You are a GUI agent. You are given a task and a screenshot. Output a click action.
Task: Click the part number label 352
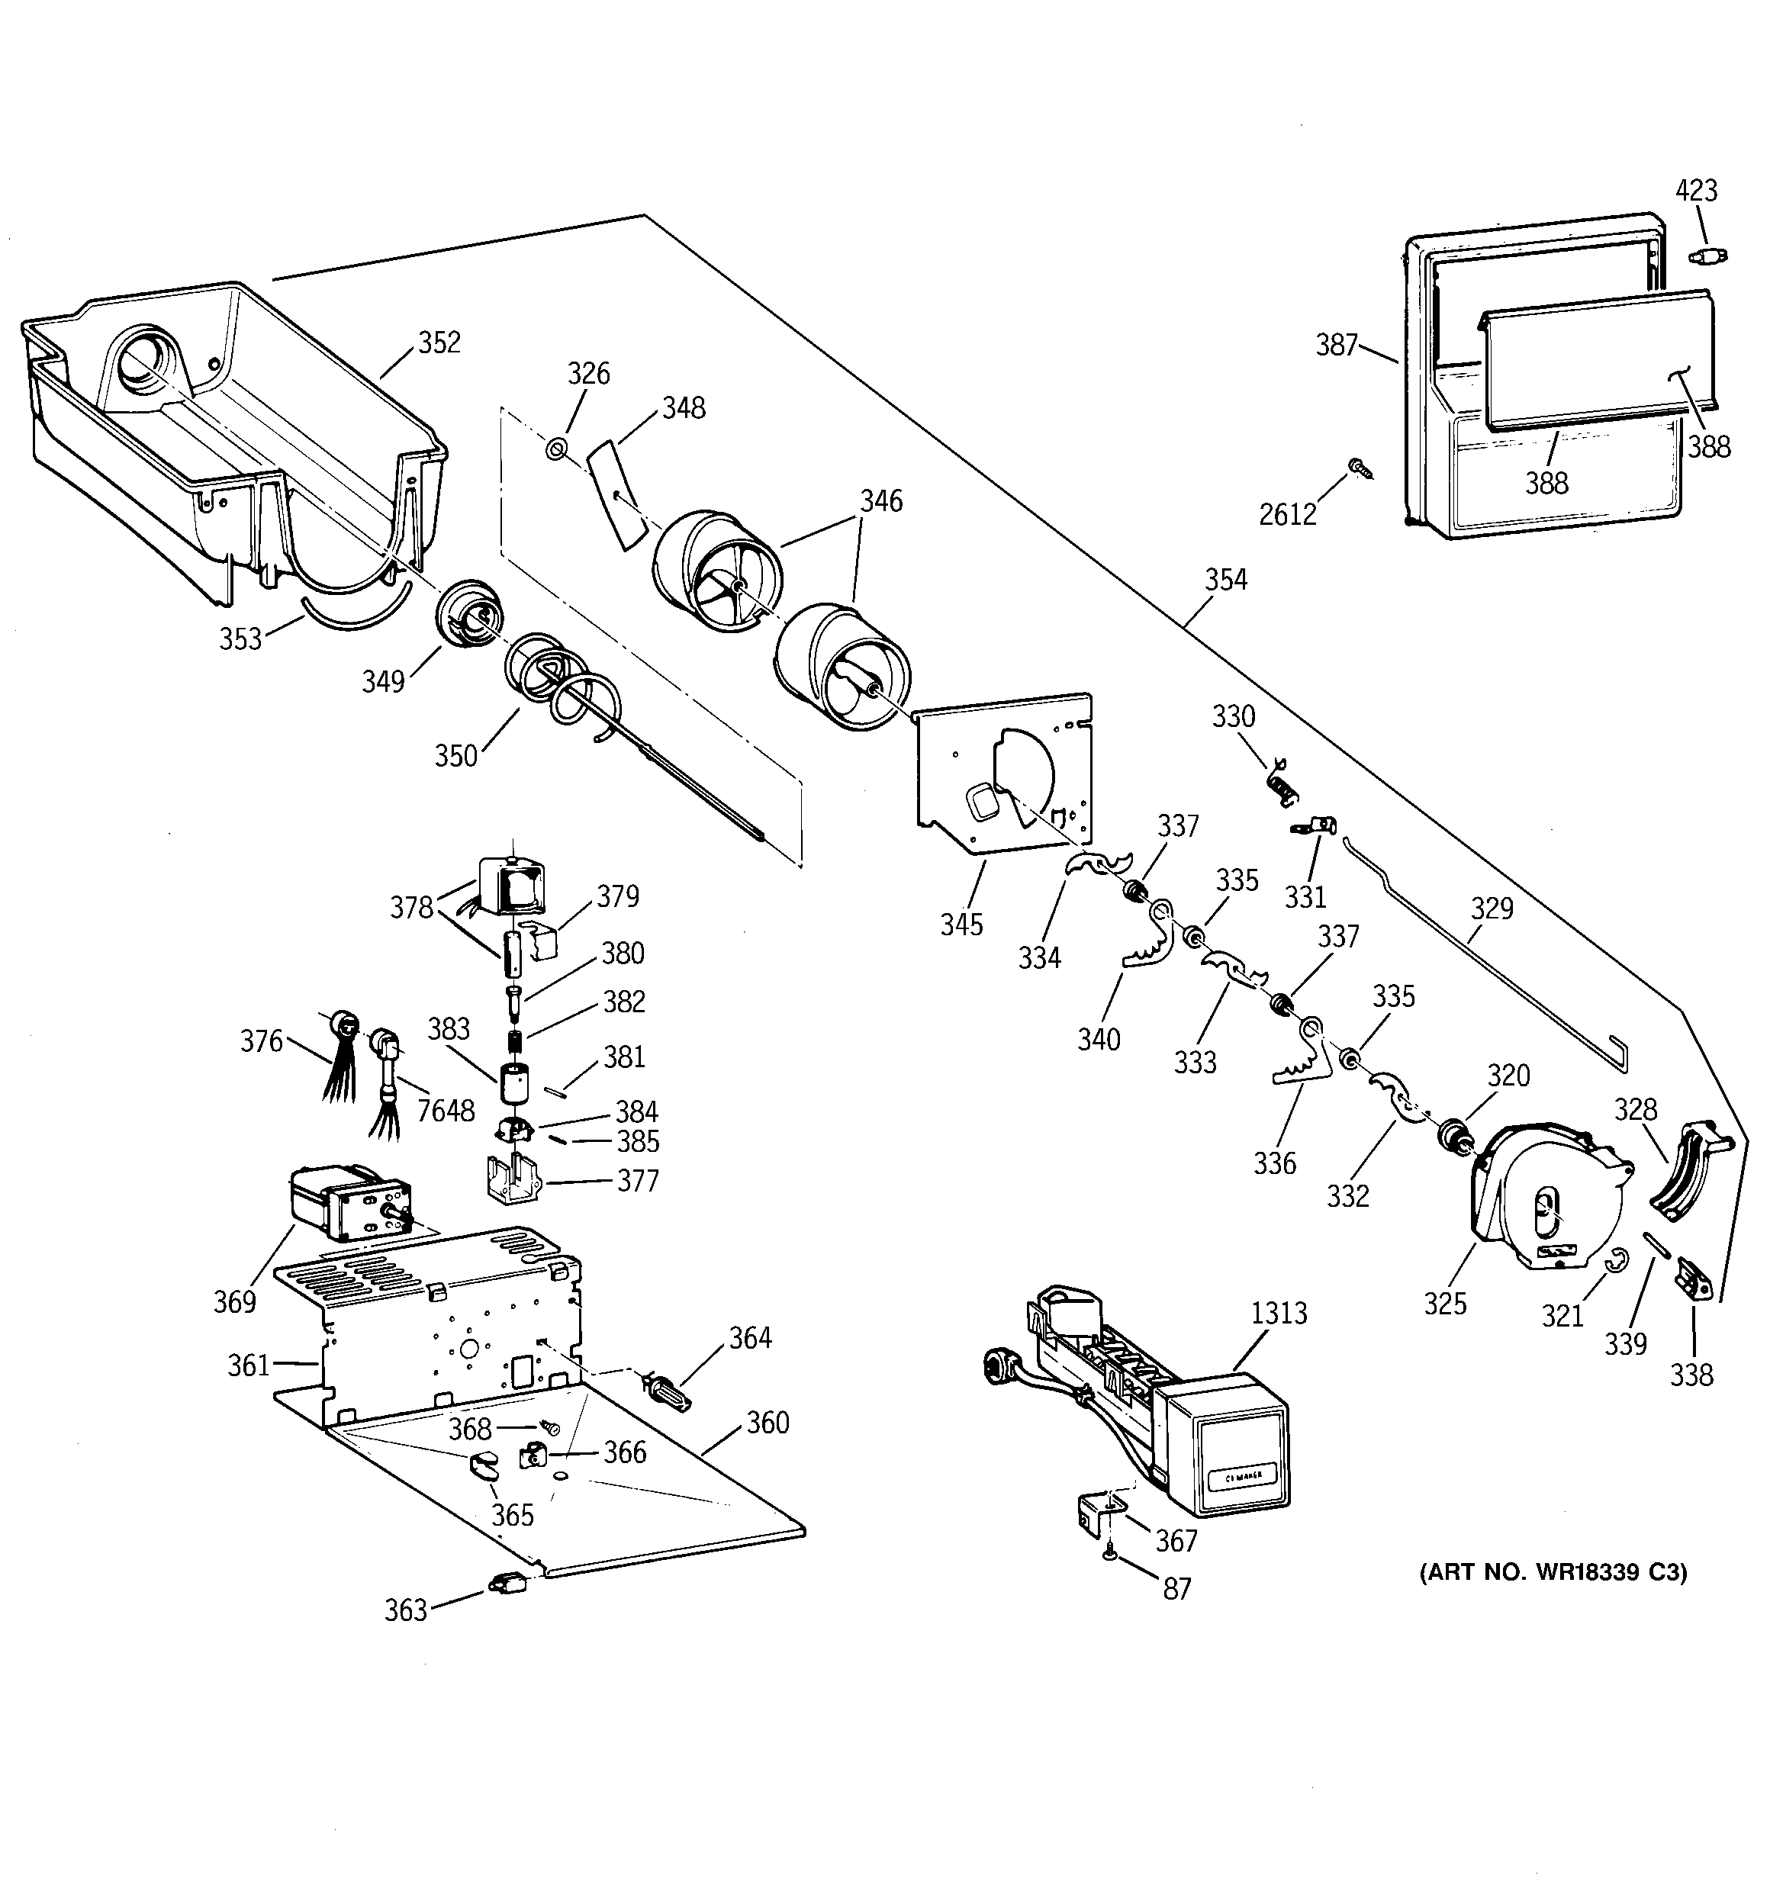point(439,343)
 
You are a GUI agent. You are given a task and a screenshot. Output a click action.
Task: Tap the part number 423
point(1696,191)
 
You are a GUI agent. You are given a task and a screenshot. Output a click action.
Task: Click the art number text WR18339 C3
point(1553,1571)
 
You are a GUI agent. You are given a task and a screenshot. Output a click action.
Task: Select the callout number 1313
point(1279,1314)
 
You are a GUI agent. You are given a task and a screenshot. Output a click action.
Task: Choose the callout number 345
point(961,924)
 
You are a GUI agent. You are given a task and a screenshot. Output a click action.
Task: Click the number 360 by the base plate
point(768,1423)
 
